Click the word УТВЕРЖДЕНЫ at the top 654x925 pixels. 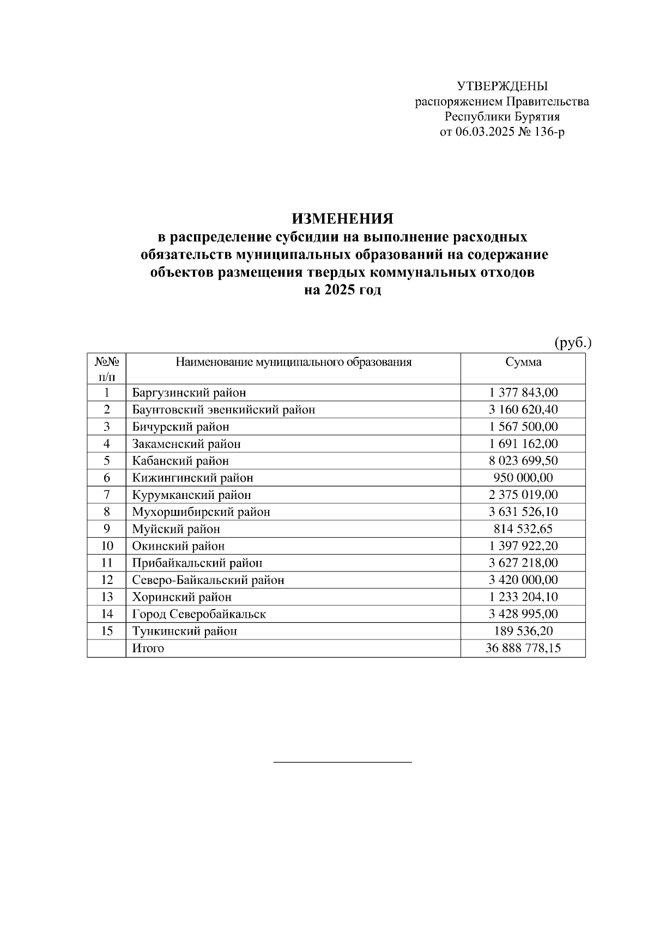pos(502,86)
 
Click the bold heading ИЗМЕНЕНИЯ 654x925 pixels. pos(342,219)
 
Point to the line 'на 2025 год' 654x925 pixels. pos(342,290)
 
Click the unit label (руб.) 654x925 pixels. pos(573,343)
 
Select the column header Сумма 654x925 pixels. pos(523,362)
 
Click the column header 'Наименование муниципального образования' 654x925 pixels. pos(293,362)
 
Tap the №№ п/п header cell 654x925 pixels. pos(107,368)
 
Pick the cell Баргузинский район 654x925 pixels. pos(189,392)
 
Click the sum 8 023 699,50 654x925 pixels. pos(523,460)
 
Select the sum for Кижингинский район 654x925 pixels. pos(523,478)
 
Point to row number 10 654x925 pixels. pos(107,546)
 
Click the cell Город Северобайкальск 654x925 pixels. pos(199,614)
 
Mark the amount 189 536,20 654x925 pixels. pos(523,631)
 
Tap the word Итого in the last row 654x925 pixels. pos(148,648)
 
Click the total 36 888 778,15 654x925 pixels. pos(523,648)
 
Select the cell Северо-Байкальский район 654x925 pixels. pos(208,580)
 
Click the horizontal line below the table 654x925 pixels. pos(342,762)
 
